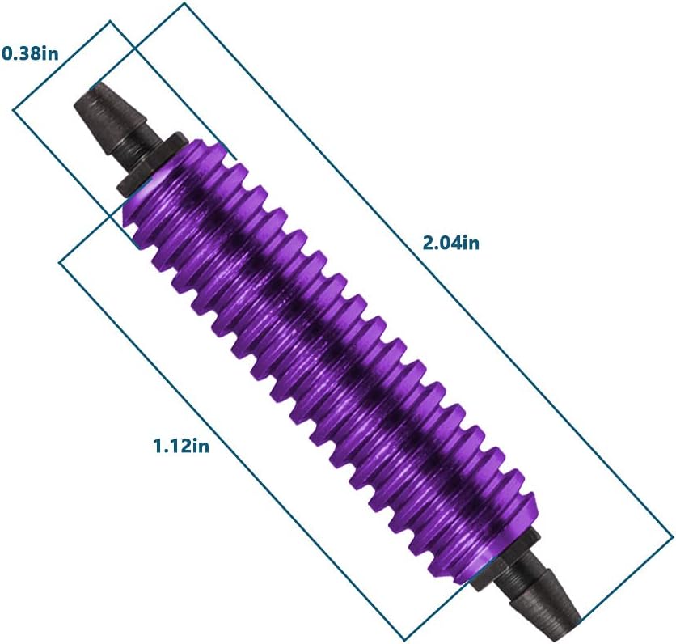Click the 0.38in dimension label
tap(30, 53)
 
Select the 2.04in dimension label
tap(451, 243)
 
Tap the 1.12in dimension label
tap(181, 446)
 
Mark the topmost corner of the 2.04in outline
tap(184, 3)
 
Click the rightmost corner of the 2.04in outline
tap(672, 536)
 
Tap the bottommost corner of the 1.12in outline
tap(404, 639)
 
